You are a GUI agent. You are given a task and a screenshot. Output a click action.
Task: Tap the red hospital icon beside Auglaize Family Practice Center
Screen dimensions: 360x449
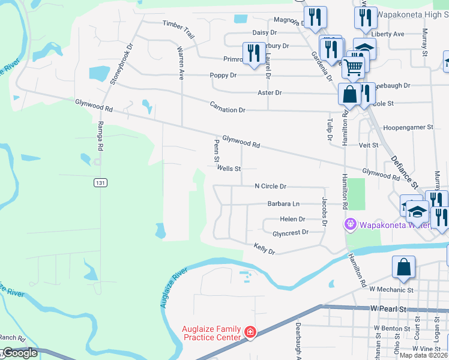250,332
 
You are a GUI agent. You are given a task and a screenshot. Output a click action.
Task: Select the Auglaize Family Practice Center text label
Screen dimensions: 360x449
212,332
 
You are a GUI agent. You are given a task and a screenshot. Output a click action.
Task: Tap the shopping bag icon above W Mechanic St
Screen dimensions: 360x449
404,268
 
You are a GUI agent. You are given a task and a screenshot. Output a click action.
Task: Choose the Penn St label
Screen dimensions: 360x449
215,151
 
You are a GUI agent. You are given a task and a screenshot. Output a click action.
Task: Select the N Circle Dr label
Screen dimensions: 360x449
270,187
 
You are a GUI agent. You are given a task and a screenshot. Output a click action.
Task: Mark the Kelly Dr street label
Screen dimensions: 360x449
264,248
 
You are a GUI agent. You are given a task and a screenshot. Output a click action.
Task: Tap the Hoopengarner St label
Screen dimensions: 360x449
408,128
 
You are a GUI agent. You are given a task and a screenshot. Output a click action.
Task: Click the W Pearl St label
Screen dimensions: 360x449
389,308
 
